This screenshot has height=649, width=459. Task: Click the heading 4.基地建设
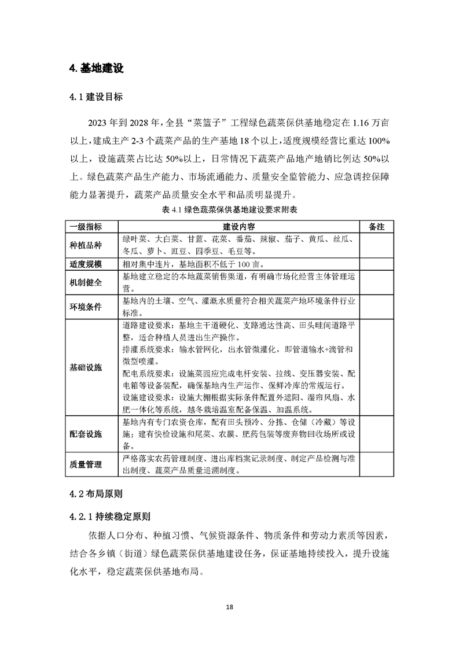coord(96,68)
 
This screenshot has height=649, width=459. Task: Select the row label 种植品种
coord(86,245)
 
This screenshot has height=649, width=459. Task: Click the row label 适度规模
coord(86,264)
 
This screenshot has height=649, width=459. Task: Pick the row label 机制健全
coord(86,283)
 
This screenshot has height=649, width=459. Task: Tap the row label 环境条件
coord(86,307)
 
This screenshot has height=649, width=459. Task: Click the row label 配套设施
coord(86,434)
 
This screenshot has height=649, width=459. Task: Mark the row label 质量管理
coord(86,464)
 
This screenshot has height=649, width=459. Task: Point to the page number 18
coord(230,607)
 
